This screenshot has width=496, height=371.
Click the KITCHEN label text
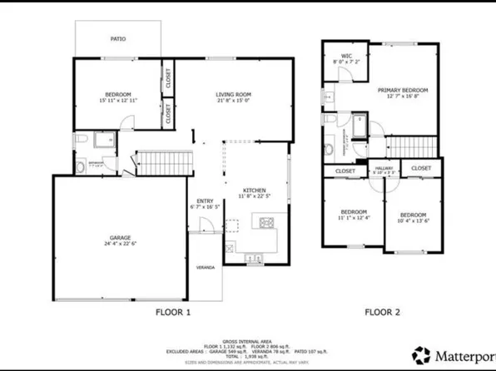point(255,190)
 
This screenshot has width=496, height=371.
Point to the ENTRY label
point(204,200)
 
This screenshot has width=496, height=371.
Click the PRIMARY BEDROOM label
point(402,90)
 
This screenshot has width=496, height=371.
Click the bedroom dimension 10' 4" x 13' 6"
point(413,220)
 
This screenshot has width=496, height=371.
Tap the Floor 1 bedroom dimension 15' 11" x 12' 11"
point(115,101)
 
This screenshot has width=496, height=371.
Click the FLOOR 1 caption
point(174,312)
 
